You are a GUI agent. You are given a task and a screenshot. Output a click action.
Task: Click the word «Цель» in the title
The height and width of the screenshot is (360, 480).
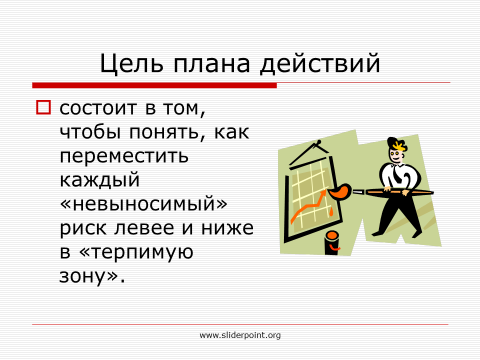[131, 63]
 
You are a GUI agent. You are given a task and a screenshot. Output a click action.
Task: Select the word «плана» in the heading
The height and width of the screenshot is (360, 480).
[212, 64]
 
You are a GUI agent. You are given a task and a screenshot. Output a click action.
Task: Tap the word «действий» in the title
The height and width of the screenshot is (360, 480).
[320, 63]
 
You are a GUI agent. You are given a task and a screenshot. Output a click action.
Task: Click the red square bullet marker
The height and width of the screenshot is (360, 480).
[43, 107]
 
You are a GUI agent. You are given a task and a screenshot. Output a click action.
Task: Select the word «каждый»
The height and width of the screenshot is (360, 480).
[99, 180]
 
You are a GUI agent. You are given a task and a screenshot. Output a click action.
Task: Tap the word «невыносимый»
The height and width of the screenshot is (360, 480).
[144, 204]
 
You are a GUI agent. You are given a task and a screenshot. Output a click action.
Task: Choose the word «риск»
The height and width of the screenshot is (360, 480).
[84, 229]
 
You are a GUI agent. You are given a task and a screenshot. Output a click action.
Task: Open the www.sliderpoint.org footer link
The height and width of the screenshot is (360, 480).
[240, 335]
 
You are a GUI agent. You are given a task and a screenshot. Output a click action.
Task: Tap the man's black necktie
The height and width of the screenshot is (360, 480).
[397, 174]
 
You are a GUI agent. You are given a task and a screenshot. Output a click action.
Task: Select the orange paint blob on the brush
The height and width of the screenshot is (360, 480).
[339, 191]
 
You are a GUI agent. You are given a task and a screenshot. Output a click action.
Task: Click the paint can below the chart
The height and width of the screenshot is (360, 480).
[332, 243]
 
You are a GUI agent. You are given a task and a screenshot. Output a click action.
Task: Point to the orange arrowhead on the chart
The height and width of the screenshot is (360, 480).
[323, 193]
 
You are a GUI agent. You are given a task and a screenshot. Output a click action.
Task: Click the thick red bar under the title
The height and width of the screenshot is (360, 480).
[154, 85]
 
